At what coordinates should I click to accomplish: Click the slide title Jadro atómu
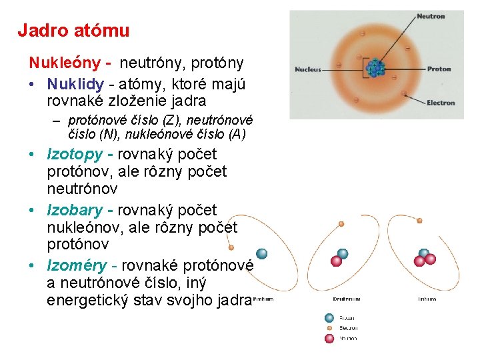[x=73, y=30]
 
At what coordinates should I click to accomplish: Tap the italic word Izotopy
[x=75, y=154]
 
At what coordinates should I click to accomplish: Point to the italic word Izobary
[x=75, y=211]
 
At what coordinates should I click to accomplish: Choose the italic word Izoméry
[x=77, y=266]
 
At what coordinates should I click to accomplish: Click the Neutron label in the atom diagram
[x=430, y=16]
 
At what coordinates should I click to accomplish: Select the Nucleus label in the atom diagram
[x=307, y=69]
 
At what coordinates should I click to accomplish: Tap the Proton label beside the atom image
[x=439, y=69]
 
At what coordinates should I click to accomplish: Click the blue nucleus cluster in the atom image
[x=376, y=67]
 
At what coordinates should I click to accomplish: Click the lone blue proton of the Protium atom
[x=262, y=253]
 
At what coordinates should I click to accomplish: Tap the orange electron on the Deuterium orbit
[x=342, y=223]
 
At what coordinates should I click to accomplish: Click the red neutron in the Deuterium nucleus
[x=337, y=261]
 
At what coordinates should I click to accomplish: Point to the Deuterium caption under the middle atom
[x=347, y=299]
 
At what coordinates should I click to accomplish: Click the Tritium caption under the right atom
[x=427, y=299]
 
